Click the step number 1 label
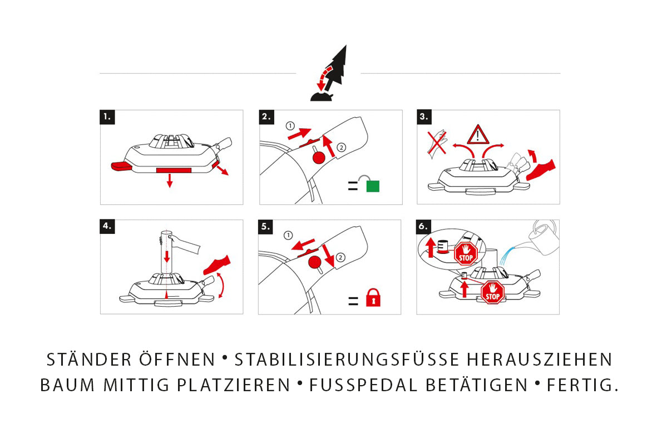[x=107, y=117]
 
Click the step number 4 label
[x=107, y=226]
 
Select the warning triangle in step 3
[x=476, y=135]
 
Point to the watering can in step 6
[x=542, y=232]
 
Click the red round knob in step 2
[x=319, y=158]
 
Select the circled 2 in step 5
[x=340, y=257]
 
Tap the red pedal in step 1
[x=120, y=166]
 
